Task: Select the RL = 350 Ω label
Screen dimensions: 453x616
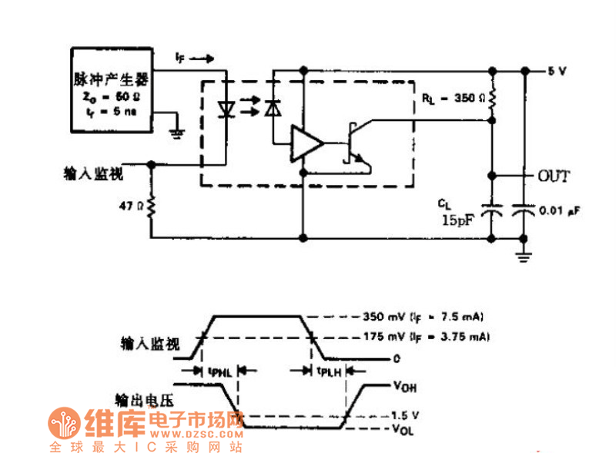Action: point(454,99)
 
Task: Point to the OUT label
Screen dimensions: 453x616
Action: point(554,176)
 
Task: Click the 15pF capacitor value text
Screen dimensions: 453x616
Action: point(457,220)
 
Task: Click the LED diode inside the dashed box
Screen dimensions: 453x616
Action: point(226,109)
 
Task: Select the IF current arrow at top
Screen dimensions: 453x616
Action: point(191,58)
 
